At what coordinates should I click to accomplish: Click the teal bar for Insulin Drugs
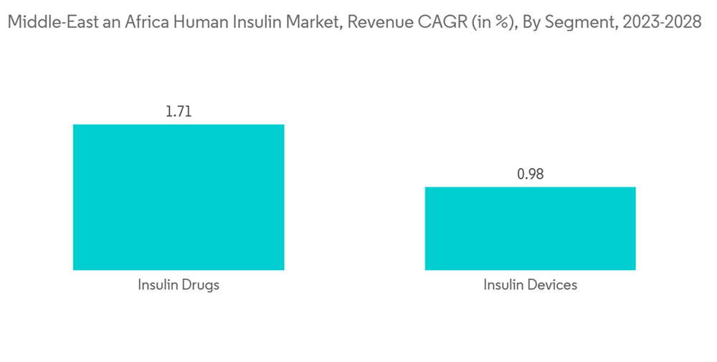pyautogui.click(x=179, y=197)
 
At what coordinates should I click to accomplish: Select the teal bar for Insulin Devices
pyautogui.click(x=530, y=228)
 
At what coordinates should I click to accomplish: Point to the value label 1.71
pyautogui.click(x=179, y=111)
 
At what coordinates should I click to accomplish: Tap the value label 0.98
pyautogui.click(x=530, y=174)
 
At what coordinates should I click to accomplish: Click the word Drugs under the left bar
pyautogui.click(x=199, y=285)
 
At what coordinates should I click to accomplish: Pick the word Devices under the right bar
pyautogui.click(x=551, y=285)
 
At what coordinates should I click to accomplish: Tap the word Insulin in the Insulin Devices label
pyautogui.click(x=504, y=285)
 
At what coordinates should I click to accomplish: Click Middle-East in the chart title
pyautogui.click(x=45, y=23)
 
